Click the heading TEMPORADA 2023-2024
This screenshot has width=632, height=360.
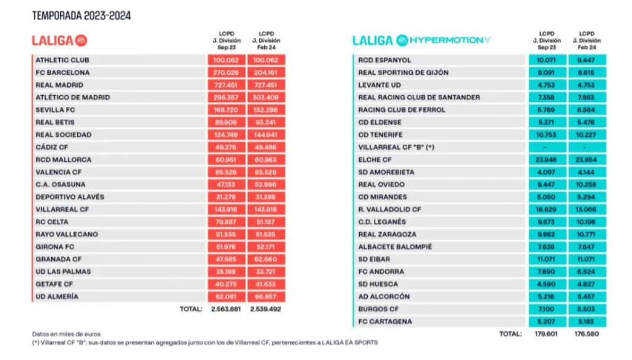[x=81, y=15]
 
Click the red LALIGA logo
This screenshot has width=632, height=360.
[x=59, y=40]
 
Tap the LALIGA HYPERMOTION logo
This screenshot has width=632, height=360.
[x=422, y=40]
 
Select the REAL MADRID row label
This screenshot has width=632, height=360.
[x=59, y=85]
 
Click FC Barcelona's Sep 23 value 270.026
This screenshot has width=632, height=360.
[x=225, y=73]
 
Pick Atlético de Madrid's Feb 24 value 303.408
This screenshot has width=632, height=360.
[x=265, y=98]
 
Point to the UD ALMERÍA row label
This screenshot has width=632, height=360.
[x=57, y=297]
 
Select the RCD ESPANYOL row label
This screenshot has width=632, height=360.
[x=385, y=61]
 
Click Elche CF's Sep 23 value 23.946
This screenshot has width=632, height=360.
[x=547, y=160]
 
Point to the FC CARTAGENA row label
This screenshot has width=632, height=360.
[x=385, y=322]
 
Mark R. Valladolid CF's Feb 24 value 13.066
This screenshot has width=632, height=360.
[x=586, y=210]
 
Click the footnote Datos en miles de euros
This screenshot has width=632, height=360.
[x=66, y=334]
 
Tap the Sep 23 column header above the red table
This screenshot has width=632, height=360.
[x=226, y=40]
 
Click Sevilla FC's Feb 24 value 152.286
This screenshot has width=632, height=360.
[x=265, y=110]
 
